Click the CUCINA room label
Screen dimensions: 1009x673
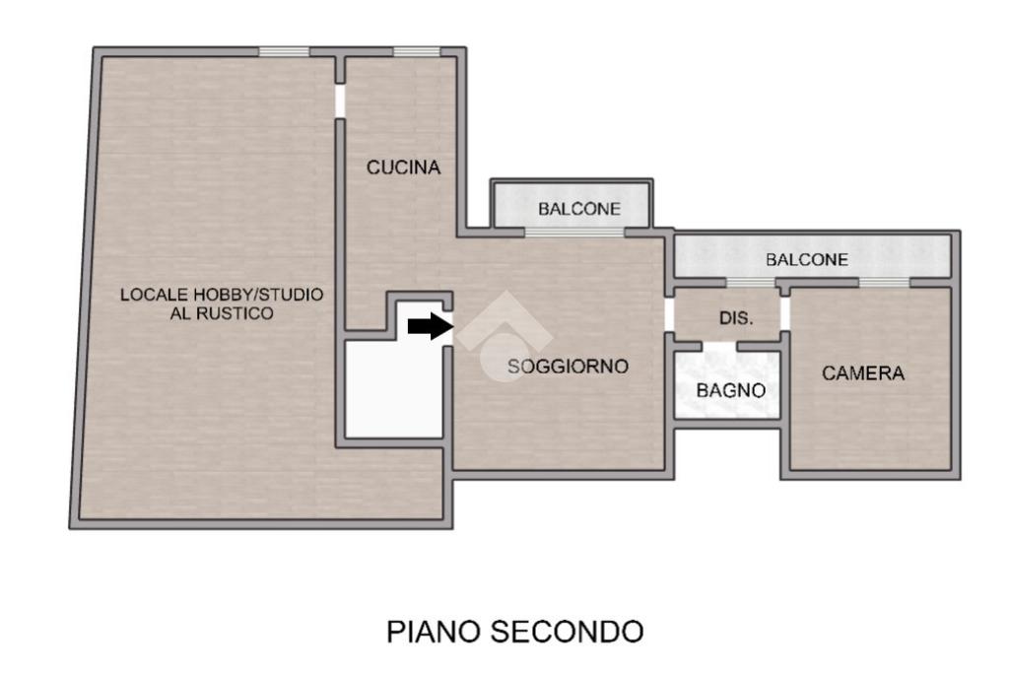(403, 168)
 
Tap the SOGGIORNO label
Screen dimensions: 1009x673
(568, 367)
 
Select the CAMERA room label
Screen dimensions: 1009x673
(863, 373)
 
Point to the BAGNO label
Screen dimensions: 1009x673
(730, 390)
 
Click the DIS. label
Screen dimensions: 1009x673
(736, 318)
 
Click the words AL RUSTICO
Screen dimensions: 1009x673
(222, 313)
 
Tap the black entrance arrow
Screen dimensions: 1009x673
(431, 326)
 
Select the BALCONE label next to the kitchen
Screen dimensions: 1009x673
(579, 209)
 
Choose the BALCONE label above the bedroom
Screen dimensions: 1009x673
(807, 260)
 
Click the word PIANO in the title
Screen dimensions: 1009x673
(435, 632)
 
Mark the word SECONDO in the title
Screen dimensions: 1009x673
(567, 632)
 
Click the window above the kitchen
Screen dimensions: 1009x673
(417, 52)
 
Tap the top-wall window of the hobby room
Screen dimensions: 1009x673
(284, 52)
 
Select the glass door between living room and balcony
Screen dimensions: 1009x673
(574, 233)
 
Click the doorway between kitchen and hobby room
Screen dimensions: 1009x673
(340, 101)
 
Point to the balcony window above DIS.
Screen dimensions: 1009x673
(751, 283)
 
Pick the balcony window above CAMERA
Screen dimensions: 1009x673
(884, 283)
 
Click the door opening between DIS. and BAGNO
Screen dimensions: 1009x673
(718, 346)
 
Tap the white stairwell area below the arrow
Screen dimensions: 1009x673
(394, 389)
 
